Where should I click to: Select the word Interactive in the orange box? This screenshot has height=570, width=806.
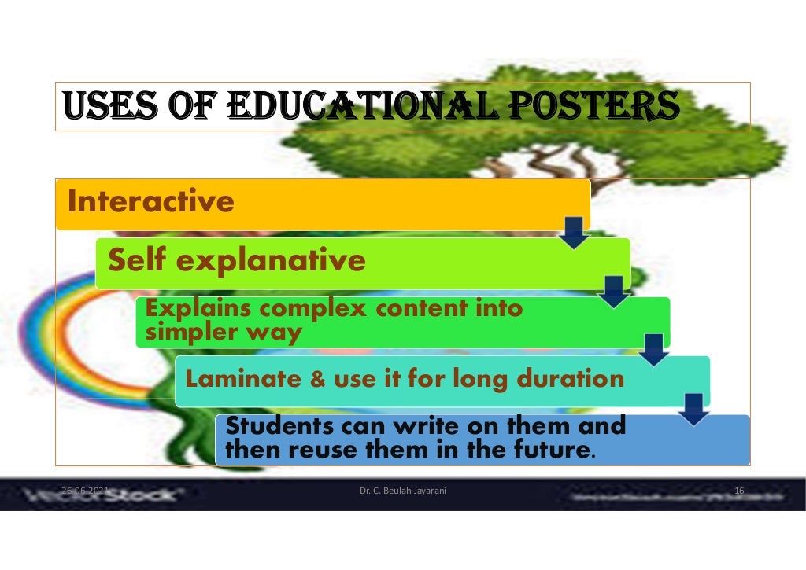tap(151, 202)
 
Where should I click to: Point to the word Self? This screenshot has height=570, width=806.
tap(137, 259)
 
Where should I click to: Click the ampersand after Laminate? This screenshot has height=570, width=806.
tap(318, 381)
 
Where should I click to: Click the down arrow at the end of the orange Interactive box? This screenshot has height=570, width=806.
tap(576, 234)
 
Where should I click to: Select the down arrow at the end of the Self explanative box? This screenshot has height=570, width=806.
tap(615, 291)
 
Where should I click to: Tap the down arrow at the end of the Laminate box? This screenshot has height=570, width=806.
tap(694, 409)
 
